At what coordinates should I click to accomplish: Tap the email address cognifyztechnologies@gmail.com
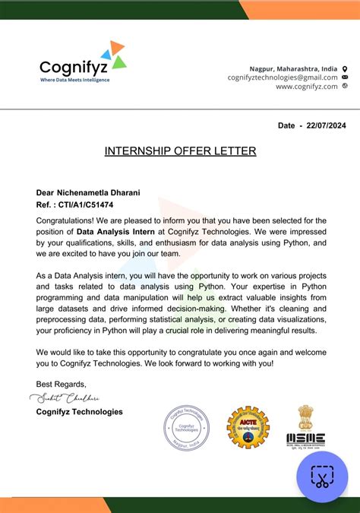coord(282,78)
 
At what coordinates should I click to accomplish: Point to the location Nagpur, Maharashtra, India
coord(293,68)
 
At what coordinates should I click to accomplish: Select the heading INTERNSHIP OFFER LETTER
coord(180,151)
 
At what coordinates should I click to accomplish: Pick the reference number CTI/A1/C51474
coord(85,205)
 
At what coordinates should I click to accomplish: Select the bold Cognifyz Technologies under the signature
coord(79,412)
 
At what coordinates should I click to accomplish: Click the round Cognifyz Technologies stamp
coord(186,428)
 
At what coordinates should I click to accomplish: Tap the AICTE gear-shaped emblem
coord(248,427)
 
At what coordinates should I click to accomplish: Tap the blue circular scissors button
coord(321,477)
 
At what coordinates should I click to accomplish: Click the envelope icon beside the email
coord(345,78)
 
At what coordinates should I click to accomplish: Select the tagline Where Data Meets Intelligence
coord(74,80)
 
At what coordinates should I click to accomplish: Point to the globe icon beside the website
coord(345,87)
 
